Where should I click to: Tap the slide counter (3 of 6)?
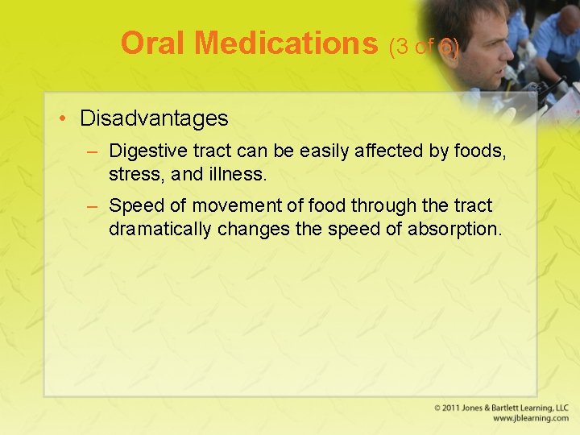tap(424, 48)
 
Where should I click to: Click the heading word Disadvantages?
tap(154, 118)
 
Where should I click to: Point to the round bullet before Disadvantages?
tap(62, 119)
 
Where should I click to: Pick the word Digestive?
tap(144, 151)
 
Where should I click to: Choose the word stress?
tap(132, 174)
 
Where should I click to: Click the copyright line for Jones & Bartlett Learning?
tap(501, 408)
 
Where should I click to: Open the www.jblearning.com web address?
tap(530, 419)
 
